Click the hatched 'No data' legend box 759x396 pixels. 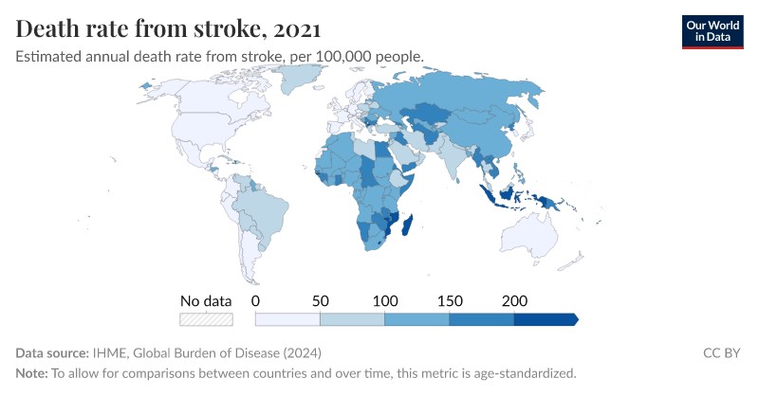[x=206, y=320]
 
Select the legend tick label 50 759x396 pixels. [x=321, y=300]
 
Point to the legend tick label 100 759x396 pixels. [x=385, y=300]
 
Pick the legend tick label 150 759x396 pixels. [x=450, y=300]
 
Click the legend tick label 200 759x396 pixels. [x=514, y=300]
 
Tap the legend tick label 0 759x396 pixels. [x=256, y=300]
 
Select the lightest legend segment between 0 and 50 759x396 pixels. [x=288, y=320]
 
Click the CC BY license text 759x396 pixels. [x=722, y=352]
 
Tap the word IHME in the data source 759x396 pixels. [x=111, y=352]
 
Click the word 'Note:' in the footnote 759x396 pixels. [x=31, y=372]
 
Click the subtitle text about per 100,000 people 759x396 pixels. [x=219, y=56]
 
